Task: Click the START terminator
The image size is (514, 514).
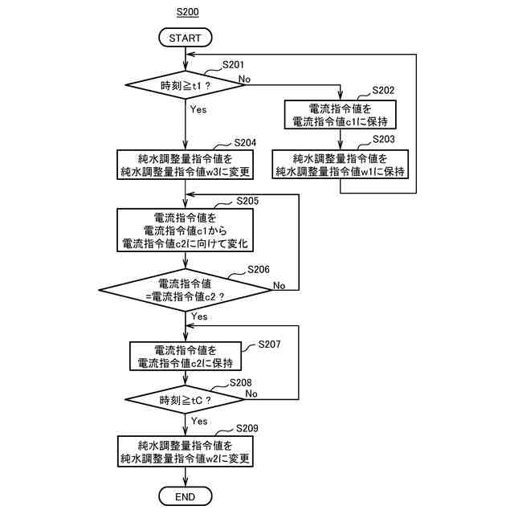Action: coord(186,38)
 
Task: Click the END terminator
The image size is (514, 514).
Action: coord(186,496)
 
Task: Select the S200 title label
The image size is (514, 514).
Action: coord(187,12)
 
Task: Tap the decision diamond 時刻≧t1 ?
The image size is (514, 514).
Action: coord(186,85)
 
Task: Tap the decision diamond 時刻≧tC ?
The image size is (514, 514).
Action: coord(186,400)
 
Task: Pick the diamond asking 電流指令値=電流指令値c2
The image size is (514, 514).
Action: coord(186,290)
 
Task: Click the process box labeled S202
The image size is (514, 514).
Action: coord(341,114)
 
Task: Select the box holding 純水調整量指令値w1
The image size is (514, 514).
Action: coord(341,164)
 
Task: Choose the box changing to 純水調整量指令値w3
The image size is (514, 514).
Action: coord(186,165)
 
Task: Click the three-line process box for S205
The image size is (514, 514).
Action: coord(186,230)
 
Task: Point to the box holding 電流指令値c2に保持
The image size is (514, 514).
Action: coord(186,357)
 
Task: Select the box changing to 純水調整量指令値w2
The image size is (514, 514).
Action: coord(186,451)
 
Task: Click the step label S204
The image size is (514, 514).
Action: coord(245,143)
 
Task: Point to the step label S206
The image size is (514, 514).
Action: coord(259,270)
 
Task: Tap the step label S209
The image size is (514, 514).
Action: coord(247,428)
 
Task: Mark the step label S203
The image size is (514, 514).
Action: coord(384,139)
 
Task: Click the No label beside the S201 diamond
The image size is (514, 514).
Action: coord(244,79)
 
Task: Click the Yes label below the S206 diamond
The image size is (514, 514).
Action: coord(199,316)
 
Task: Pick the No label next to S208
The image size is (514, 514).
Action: coord(251,394)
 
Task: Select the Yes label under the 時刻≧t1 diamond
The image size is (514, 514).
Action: coord(198,109)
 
